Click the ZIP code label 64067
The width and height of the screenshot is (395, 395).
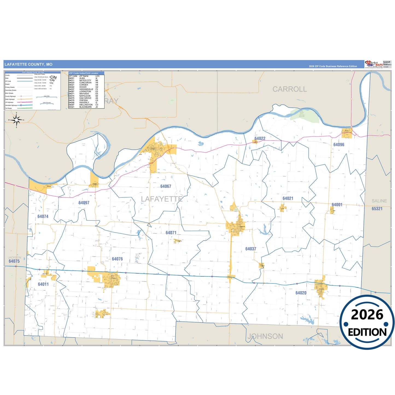click(x=166, y=186)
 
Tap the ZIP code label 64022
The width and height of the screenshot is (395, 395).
click(x=260, y=139)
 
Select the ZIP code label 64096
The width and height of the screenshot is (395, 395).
click(x=339, y=145)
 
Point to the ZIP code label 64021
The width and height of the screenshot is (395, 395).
click(x=288, y=198)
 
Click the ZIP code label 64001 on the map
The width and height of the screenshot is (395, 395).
click(x=337, y=205)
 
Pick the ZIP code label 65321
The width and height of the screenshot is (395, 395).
click(x=377, y=209)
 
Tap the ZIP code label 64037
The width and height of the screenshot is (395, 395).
click(x=251, y=249)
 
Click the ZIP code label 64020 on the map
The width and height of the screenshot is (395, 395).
click(x=301, y=293)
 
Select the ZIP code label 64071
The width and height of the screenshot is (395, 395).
click(x=171, y=233)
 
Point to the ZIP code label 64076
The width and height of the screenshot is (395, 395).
click(x=117, y=259)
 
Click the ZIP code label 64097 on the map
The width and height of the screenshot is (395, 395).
click(x=84, y=203)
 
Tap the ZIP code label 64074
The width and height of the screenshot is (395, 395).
click(x=43, y=216)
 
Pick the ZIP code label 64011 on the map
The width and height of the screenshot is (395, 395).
click(x=43, y=284)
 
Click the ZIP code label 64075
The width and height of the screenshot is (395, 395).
click(x=14, y=261)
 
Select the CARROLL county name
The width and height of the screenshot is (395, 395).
click(x=289, y=89)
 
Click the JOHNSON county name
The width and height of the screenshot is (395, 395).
click(x=265, y=336)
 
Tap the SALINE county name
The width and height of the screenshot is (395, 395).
click(x=379, y=201)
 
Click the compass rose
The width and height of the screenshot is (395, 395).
click(x=16, y=120)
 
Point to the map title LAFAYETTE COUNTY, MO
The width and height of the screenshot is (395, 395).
click(x=28, y=65)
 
